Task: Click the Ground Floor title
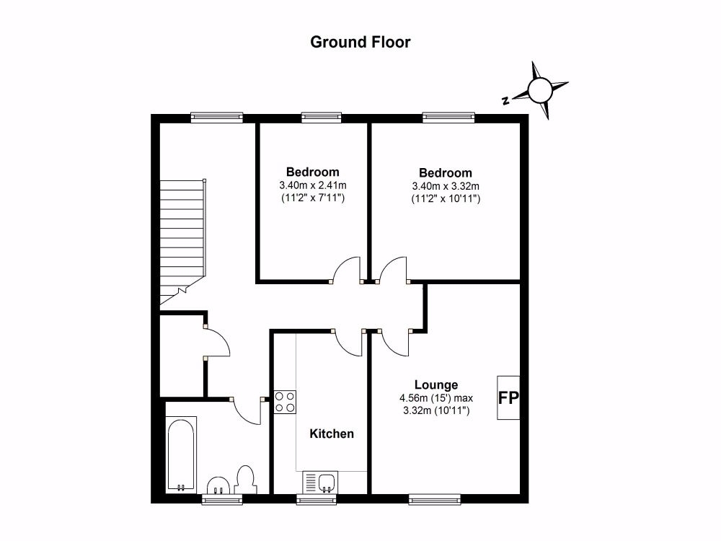click(x=360, y=43)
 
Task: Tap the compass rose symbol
click(x=539, y=90)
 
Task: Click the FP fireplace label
click(x=508, y=398)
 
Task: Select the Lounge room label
click(x=436, y=384)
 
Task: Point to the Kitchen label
click(x=332, y=434)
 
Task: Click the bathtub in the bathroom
click(x=181, y=454)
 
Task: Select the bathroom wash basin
click(x=219, y=485)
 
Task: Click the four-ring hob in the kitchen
click(x=285, y=402)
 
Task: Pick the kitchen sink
click(x=321, y=482)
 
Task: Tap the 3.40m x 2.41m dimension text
click(x=313, y=186)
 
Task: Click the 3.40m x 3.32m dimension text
click(x=446, y=186)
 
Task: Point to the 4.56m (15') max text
click(x=436, y=398)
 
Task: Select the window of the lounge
click(x=435, y=498)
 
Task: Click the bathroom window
click(x=223, y=498)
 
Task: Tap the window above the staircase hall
click(x=216, y=118)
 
